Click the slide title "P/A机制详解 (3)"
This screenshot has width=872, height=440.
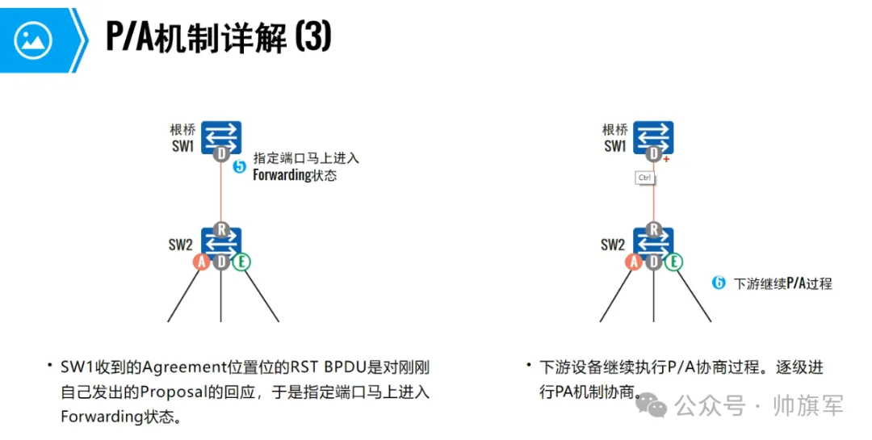click(218, 37)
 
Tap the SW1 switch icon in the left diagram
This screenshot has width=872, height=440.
click(221, 136)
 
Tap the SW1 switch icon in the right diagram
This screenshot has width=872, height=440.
click(653, 136)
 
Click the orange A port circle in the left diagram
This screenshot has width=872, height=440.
click(202, 262)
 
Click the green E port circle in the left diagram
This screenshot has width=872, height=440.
click(241, 262)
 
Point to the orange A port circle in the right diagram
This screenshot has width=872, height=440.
click(634, 262)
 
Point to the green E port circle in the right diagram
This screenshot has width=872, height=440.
click(673, 262)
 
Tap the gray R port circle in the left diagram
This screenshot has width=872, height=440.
click(221, 229)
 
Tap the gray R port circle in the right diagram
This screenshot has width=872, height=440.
click(653, 229)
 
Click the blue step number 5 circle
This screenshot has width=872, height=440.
click(239, 167)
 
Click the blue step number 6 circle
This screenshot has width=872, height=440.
click(719, 283)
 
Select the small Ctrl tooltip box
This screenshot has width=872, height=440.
click(645, 178)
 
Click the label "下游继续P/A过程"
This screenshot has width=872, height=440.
click(782, 283)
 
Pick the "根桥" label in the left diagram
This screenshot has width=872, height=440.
click(183, 129)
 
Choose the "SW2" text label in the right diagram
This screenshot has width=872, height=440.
click(613, 245)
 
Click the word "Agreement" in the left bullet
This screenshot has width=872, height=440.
click(178, 368)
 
